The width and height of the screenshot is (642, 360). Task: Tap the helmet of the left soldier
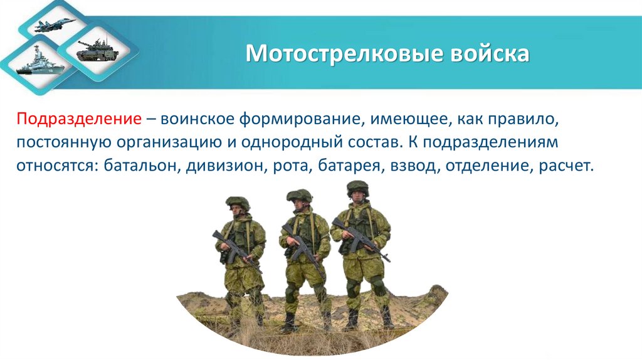(238, 203)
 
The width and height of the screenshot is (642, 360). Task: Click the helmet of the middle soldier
(300, 195)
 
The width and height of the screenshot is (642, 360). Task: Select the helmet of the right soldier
(358, 188)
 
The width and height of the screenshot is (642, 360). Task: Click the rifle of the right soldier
(360, 238)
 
